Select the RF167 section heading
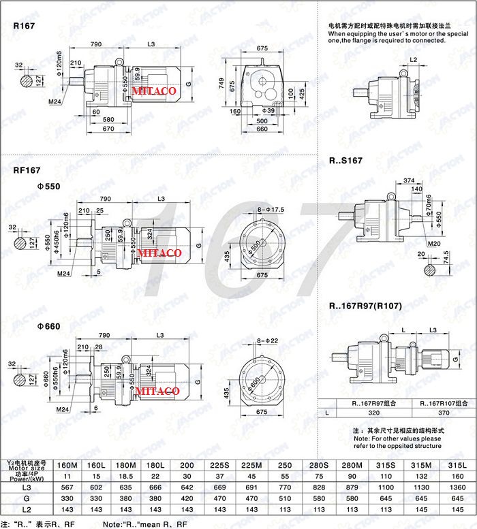[27, 171]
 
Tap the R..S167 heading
[345, 161]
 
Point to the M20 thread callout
[434, 242]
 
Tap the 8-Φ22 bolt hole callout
[268, 340]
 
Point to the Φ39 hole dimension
[270, 110]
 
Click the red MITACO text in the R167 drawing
[155, 91]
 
